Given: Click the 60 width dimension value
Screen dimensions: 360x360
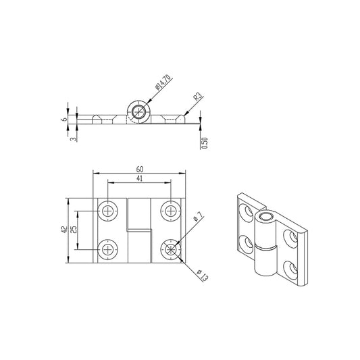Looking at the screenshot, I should pos(140,169).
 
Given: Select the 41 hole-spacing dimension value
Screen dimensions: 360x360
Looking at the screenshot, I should pos(140,179).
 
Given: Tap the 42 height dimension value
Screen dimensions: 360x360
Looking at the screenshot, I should pos(63,230).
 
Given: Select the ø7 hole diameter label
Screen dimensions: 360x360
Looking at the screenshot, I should pos(197,218).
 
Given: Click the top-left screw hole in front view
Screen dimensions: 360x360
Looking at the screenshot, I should pos(107,211).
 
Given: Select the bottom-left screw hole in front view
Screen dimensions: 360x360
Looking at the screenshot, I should pos(107,250).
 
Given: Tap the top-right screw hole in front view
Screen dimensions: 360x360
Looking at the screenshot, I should pos(170,211).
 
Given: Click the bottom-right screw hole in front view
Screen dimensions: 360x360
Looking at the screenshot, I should pos(170,250).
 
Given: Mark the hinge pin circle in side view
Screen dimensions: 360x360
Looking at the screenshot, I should pos(139,112).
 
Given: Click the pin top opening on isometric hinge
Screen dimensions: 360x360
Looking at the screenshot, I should pos(265,217).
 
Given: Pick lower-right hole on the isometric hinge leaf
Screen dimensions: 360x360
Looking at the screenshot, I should pos(291,268).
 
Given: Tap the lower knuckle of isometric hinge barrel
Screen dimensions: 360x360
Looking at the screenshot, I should pos(265,263).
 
